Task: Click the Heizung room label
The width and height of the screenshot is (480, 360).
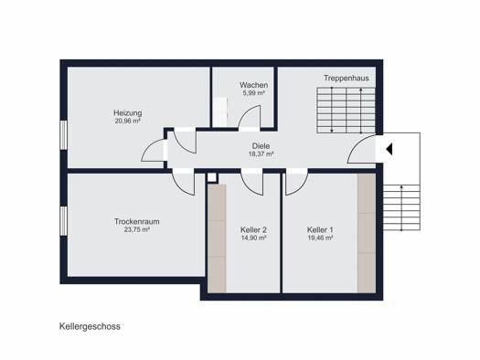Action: (x=128, y=113)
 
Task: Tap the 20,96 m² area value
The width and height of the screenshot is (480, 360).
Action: (x=128, y=121)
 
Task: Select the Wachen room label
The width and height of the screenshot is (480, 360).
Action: (x=254, y=85)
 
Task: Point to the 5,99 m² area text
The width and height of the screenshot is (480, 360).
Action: (x=254, y=93)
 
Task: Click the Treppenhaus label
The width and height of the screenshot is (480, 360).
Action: (x=347, y=78)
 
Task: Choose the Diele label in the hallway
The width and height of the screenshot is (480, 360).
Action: (x=261, y=146)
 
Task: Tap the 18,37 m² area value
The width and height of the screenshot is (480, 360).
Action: (x=261, y=154)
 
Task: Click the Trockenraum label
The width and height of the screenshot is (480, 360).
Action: (x=137, y=221)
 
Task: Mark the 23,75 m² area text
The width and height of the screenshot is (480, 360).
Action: (x=137, y=229)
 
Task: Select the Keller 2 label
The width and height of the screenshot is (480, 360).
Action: (x=254, y=229)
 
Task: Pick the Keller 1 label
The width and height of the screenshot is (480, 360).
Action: (x=320, y=229)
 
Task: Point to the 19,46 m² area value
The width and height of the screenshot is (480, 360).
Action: (x=320, y=238)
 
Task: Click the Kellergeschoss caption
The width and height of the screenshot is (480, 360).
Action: (x=90, y=326)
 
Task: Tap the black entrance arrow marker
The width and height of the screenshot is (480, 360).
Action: (x=389, y=150)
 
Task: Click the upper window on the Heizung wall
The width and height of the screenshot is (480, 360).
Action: (x=64, y=135)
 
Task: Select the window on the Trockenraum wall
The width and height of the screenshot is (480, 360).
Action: (x=64, y=221)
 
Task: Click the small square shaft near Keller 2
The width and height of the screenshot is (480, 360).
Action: (x=212, y=177)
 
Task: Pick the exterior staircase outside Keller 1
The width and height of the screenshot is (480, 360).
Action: (x=401, y=207)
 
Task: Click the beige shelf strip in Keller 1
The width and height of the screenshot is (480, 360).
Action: (x=367, y=233)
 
